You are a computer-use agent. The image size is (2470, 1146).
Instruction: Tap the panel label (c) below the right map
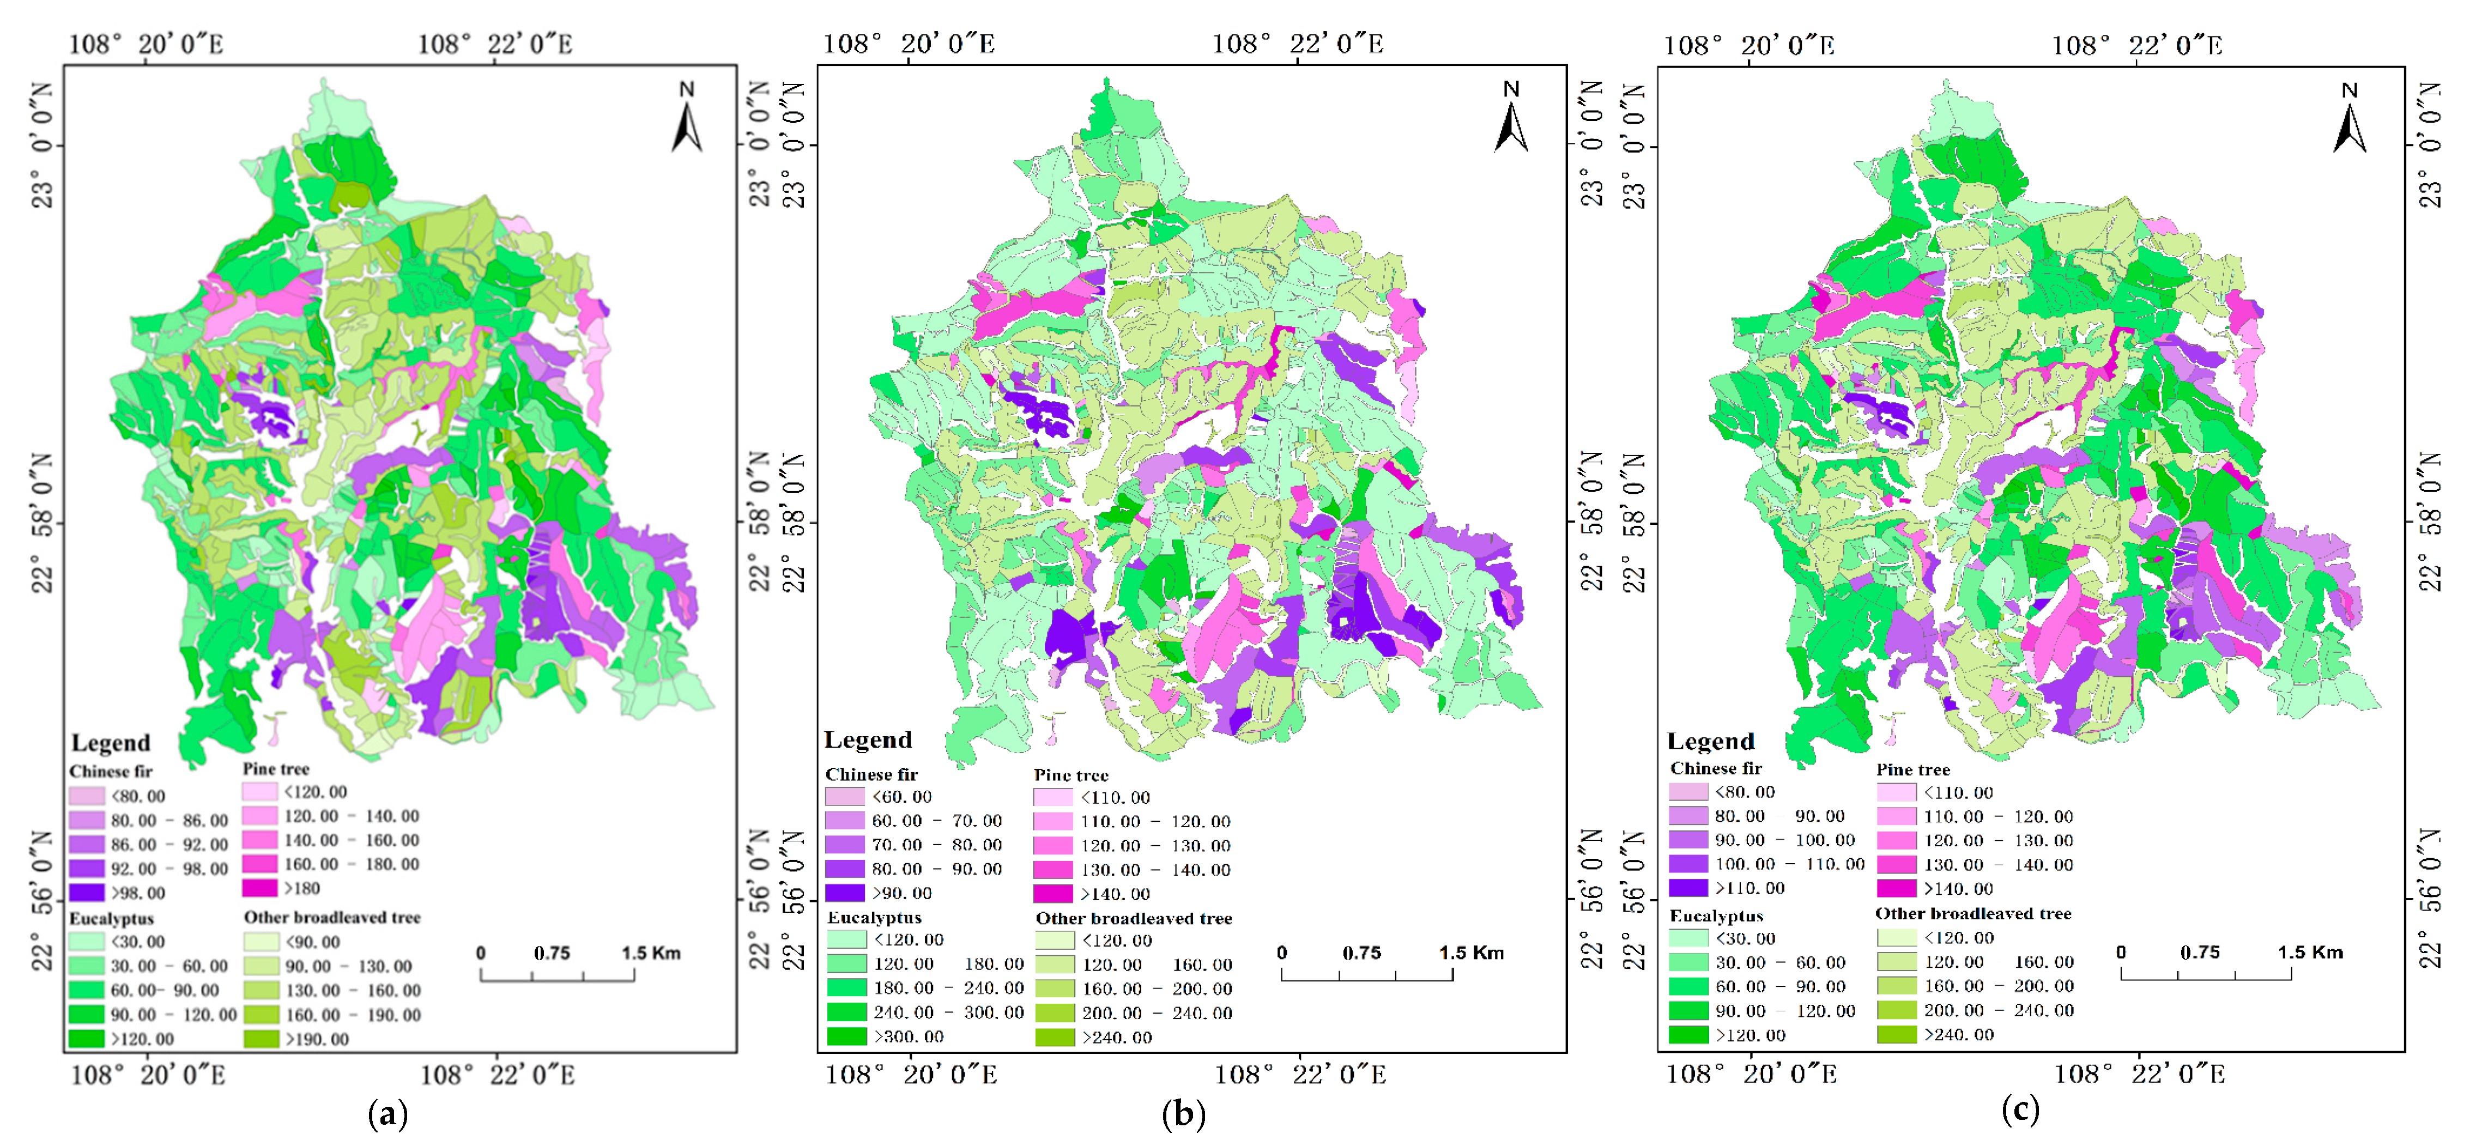2020,1109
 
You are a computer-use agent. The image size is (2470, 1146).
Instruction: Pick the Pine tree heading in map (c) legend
1913,769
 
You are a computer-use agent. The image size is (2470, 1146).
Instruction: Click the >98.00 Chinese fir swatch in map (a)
86,893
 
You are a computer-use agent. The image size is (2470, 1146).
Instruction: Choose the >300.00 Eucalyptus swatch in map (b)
846,1036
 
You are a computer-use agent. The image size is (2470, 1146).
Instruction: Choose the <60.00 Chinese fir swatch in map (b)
845,797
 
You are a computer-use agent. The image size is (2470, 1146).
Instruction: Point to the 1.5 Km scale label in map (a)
651,953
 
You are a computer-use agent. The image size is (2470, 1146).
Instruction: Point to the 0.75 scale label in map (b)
1361,953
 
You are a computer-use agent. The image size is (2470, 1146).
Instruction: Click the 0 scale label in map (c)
2121,953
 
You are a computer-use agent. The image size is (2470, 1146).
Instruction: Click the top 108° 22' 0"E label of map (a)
495,44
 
